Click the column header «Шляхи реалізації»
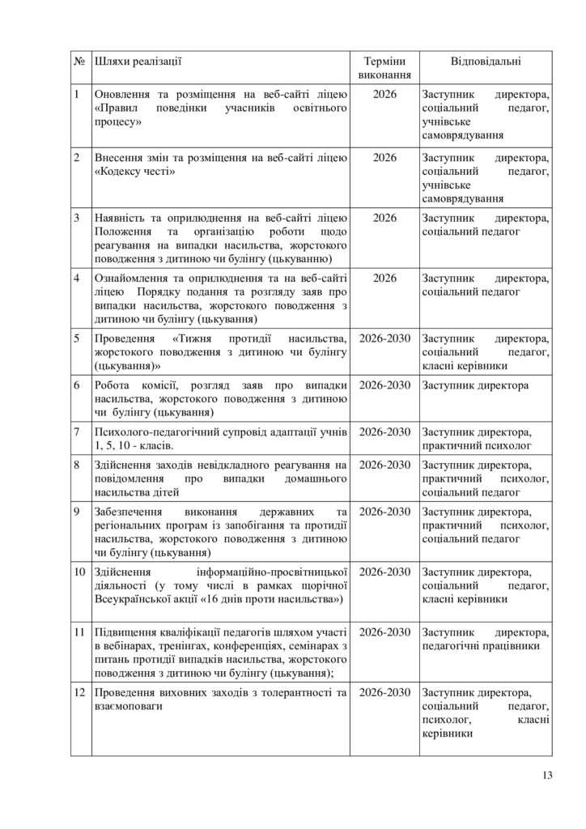(138, 62)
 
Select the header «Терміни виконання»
(384, 68)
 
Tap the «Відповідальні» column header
(486, 62)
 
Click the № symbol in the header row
(79, 62)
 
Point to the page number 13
(547, 776)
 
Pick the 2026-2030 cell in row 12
(384, 693)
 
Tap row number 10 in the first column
(79, 572)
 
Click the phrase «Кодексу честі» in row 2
(138, 172)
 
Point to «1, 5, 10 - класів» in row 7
(134, 445)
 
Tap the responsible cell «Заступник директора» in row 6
(475, 385)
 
